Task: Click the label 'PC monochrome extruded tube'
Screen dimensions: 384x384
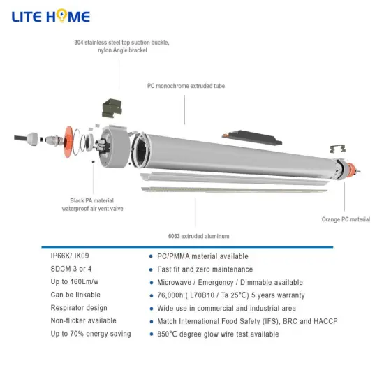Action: [x=186, y=86]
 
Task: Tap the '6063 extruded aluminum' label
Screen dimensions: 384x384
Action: [x=198, y=236]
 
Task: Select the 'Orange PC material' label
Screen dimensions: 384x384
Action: [x=346, y=219]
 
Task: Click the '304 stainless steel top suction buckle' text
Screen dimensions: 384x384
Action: [x=122, y=43]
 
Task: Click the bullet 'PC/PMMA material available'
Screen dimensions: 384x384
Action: [x=202, y=256]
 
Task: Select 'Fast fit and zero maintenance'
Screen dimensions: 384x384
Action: [x=205, y=269]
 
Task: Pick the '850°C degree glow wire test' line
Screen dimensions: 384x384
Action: [x=218, y=334]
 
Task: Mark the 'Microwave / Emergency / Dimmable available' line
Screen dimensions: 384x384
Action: [x=230, y=282]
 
